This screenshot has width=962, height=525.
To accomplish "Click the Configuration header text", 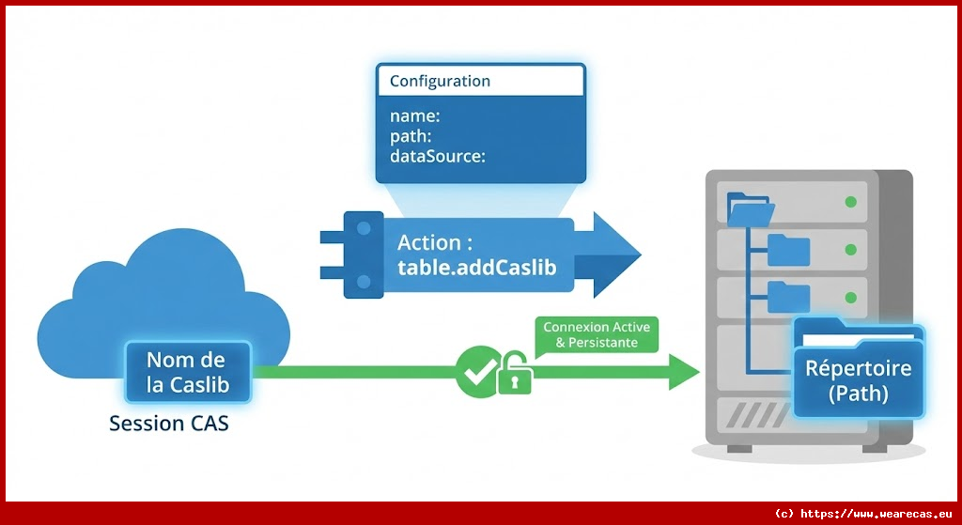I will (x=440, y=81).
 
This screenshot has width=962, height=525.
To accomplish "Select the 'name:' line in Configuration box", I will (x=415, y=116).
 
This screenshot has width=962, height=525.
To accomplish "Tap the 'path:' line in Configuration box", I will (x=411, y=137).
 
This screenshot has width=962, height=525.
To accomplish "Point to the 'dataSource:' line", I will (x=437, y=157).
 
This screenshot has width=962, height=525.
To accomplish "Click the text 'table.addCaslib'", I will (x=476, y=268).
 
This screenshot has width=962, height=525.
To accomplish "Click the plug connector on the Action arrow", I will (x=355, y=255).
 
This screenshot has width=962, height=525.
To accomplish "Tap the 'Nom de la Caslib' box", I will (x=188, y=372).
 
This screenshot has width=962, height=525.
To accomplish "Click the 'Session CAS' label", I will (x=169, y=424).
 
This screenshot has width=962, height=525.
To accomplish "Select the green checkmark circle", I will (x=476, y=372).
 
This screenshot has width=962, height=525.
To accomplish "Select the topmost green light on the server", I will (x=851, y=202).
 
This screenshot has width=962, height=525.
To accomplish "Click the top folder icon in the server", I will (x=750, y=208).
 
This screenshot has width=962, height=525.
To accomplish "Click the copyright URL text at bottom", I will (x=863, y=514).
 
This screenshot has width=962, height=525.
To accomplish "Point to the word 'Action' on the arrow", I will (x=428, y=242).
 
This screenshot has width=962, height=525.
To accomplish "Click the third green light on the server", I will (x=851, y=298).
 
